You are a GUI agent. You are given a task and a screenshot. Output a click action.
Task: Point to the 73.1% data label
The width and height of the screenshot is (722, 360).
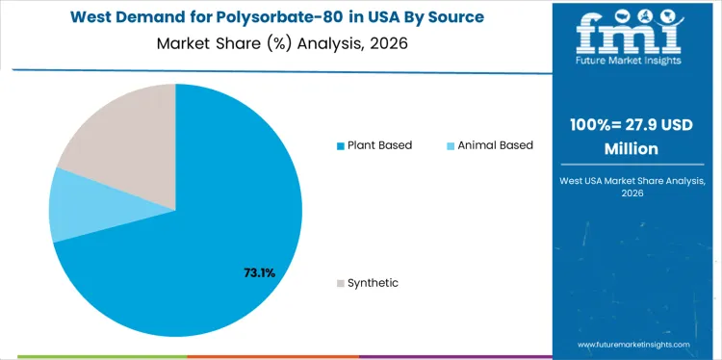(x=259, y=272)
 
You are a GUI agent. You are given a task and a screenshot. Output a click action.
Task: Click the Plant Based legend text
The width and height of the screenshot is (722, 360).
(x=379, y=145)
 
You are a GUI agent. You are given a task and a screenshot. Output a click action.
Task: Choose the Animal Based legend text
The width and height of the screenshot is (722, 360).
(x=495, y=145)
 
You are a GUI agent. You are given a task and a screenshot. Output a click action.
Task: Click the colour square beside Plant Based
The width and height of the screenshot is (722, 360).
(x=340, y=146)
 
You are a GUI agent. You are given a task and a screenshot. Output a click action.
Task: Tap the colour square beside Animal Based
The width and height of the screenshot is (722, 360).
(x=451, y=146)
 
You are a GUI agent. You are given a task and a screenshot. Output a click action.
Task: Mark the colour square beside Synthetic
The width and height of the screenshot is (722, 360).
(x=340, y=284)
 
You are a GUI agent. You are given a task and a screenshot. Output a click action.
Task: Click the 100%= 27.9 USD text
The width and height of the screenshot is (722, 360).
(x=632, y=125)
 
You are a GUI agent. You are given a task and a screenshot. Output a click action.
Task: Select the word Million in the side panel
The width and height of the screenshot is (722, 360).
(x=632, y=149)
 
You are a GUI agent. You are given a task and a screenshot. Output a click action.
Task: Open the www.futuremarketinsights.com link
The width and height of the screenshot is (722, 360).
(x=633, y=344)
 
